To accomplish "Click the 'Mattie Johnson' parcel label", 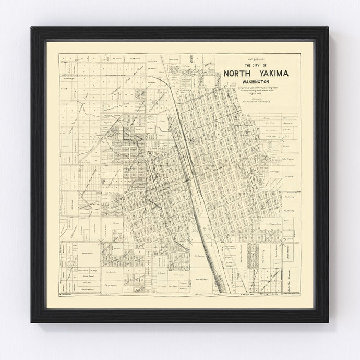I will click(75, 288).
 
